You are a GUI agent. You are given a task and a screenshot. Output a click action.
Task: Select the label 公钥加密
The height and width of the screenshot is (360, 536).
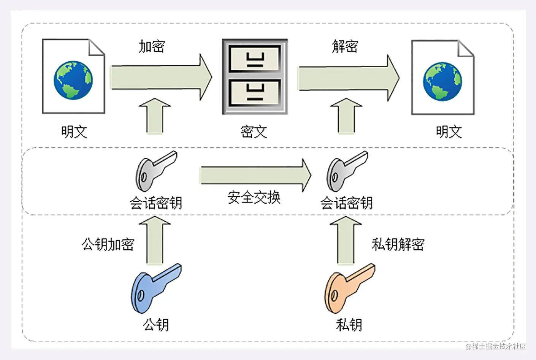click(x=108, y=244)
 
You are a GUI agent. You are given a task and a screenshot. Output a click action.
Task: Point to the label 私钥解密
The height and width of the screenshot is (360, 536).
click(x=398, y=244)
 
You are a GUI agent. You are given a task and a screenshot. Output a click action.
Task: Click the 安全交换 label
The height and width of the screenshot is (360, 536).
click(x=254, y=198)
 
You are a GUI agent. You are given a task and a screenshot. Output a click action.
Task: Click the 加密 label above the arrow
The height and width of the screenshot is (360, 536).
click(x=152, y=46)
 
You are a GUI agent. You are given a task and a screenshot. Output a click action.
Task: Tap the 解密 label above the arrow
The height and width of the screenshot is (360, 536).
click(x=345, y=46)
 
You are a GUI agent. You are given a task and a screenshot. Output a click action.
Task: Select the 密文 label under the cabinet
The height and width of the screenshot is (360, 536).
click(x=254, y=132)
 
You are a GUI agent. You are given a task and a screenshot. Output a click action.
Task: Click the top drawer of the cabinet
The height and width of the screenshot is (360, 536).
click(x=255, y=59)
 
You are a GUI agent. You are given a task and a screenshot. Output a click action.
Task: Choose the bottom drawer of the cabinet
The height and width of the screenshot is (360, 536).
click(x=255, y=93)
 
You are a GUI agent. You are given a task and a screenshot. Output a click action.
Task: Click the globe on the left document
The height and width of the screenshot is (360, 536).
click(x=73, y=80)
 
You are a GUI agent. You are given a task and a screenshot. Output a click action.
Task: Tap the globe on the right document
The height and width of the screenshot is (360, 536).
click(x=442, y=81)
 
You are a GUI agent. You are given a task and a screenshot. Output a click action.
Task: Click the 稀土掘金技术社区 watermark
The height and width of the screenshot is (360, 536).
click(x=496, y=346)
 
